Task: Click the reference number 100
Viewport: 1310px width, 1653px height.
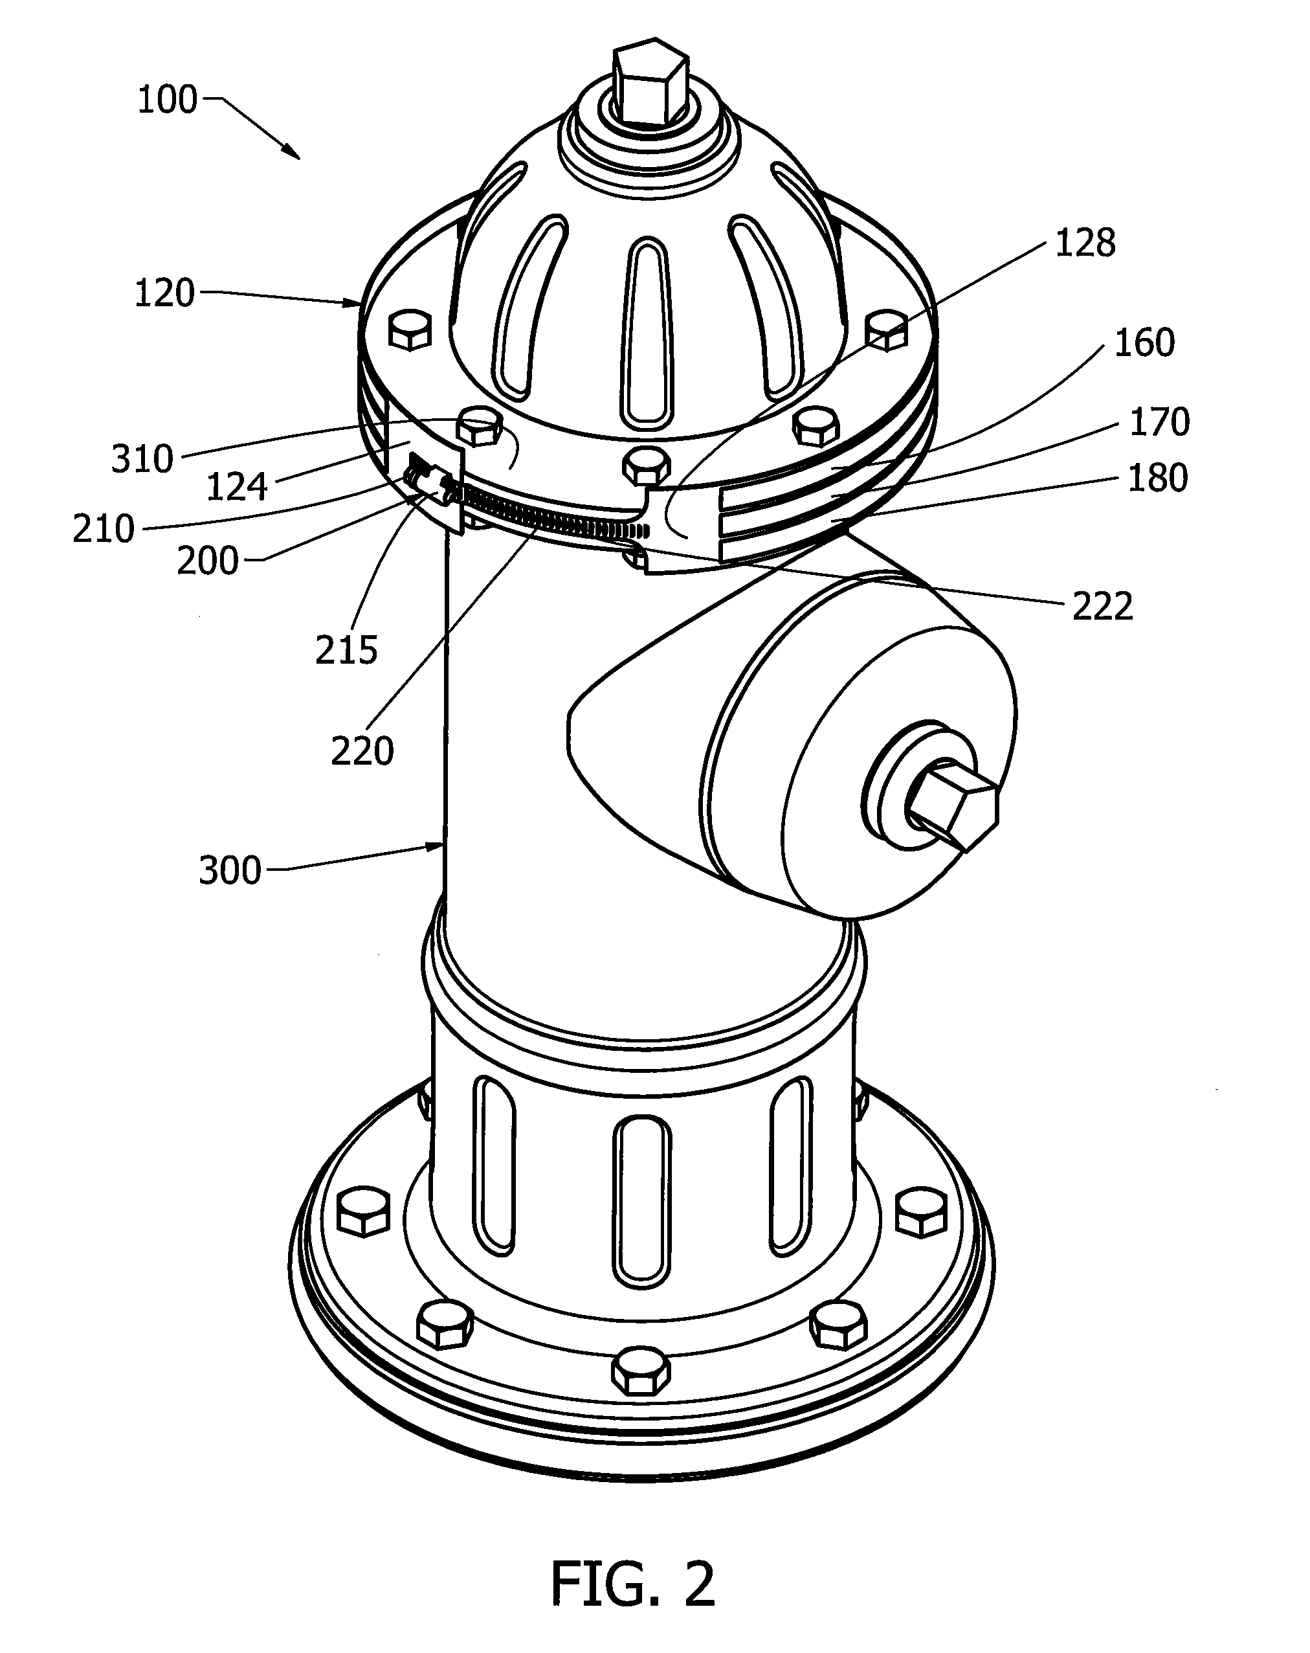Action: pyautogui.click(x=167, y=100)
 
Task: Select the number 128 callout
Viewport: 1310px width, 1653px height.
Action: pyautogui.click(x=1085, y=243)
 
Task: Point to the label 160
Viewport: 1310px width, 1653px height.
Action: pyautogui.click(x=1144, y=343)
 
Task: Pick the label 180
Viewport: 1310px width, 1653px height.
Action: pyautogui.click(x=1157, y=478)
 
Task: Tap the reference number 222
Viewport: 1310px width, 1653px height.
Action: pyautogui.click(x=1102, y=607)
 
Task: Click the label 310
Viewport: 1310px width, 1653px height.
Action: pyautogui.click(x=142, y=459)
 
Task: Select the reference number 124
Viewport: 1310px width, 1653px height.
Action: pyautogui.click(x=237, y=487)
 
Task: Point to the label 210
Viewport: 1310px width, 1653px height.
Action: pyautogui.click(x=104, y=529)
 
